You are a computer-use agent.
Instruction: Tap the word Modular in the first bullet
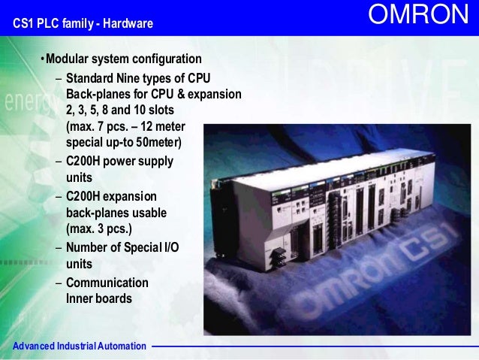point(69,59)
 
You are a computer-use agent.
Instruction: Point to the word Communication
point(107,283)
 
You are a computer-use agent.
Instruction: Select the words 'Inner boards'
point(99,298)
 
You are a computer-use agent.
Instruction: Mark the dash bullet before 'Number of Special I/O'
point(59,248)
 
